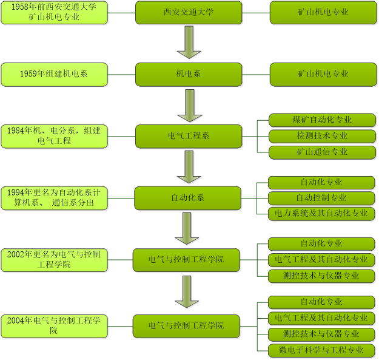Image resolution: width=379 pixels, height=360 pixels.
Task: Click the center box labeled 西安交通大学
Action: [189, 12]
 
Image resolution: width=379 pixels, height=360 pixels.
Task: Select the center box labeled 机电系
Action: [189, 74]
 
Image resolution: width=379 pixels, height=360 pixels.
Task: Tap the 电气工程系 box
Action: [188, 136]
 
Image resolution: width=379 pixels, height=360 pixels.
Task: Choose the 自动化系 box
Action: [188, 197]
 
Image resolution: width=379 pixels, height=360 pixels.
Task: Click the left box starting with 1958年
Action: [54, 12]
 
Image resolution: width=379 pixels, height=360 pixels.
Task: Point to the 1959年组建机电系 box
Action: [54, 74]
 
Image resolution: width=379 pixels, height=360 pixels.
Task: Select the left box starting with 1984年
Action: [54, 136]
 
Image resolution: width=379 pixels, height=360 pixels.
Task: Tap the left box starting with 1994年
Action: [54, 197]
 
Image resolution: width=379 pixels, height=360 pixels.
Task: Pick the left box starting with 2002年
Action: [54, 259]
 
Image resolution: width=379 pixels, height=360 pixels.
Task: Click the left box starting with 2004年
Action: [54, 325]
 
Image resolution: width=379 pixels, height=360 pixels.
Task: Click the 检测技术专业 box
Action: [322, 136]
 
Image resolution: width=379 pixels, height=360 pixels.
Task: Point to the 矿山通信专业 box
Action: [322, 152]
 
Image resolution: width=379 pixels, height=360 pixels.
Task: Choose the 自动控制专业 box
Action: [321, 198]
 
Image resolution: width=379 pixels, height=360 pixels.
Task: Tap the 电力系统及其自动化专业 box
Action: [321, 214]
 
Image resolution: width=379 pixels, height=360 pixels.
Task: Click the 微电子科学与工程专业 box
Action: [321, 350]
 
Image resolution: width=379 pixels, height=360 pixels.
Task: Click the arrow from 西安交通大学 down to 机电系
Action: [189, 43]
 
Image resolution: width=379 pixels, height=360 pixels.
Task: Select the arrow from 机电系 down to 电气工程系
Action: [189, 106]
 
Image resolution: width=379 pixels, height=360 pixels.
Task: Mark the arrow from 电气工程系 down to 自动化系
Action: [189, 167]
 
